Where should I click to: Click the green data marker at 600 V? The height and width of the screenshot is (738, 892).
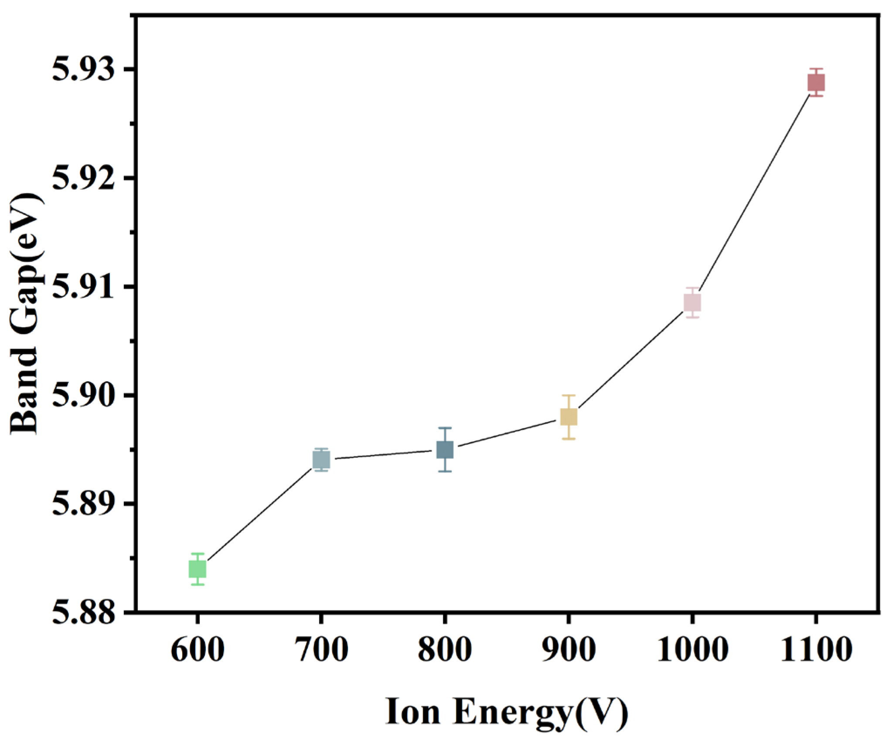point(197,569)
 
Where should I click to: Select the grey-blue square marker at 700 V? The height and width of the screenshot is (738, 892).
point(321,460)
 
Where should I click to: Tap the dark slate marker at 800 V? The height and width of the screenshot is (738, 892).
point(445,450)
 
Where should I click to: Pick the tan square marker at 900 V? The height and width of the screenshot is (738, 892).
point(569,417)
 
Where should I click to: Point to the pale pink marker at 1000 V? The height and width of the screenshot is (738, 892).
point(692,302)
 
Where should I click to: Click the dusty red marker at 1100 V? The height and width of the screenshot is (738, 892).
point(816,82)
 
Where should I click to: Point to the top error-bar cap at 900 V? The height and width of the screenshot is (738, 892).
point(569,395)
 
